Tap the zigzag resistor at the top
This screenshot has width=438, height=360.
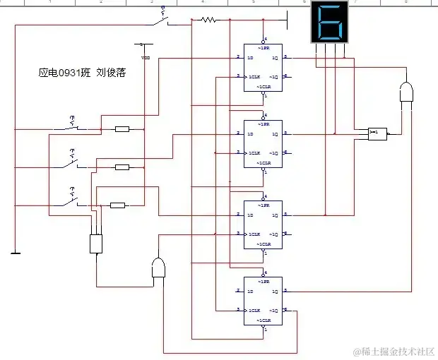208,20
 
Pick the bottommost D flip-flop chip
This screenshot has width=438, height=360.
263,301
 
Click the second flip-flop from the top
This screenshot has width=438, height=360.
263,144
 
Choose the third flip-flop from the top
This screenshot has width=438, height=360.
263,224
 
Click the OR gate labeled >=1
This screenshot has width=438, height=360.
377,132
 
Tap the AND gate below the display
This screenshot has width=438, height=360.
407,93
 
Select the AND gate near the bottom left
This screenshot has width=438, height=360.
160,269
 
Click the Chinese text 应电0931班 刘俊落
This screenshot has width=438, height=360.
82,73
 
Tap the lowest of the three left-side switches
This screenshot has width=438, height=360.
73,201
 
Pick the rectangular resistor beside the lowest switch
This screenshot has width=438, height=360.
118,205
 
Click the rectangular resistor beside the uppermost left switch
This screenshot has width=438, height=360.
122,129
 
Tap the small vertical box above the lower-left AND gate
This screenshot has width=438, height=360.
97,244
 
